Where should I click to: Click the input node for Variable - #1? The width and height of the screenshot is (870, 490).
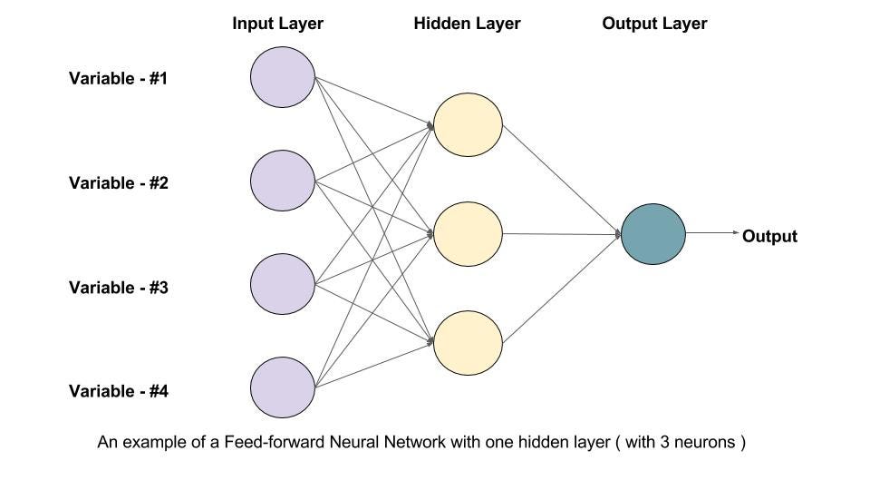pos(283,77)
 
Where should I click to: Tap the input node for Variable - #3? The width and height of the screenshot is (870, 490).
pos(283,286)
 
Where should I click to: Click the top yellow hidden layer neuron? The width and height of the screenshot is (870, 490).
pos(468,125)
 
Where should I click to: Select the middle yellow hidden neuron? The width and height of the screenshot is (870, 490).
pos(468,233)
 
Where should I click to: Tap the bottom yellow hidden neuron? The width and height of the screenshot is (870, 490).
pos(468,343)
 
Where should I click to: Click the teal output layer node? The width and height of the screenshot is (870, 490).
pos(653,233)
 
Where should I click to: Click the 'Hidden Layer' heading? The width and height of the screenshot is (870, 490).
pos(467,24)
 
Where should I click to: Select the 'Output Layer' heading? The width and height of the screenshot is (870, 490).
pos(654,24)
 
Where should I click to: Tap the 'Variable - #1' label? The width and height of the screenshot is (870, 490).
pos(119,78)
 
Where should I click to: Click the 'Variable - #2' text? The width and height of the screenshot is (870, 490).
pos(119,182)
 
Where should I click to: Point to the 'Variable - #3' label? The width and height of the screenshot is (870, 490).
pos(119,288)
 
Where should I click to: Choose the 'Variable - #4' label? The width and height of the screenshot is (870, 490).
pos(119,392)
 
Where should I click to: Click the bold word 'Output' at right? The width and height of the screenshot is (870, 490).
pos(769,237)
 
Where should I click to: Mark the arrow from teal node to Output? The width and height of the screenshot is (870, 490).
pos(713,233)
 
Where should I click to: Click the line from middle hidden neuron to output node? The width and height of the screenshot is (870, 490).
pos(562,233)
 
